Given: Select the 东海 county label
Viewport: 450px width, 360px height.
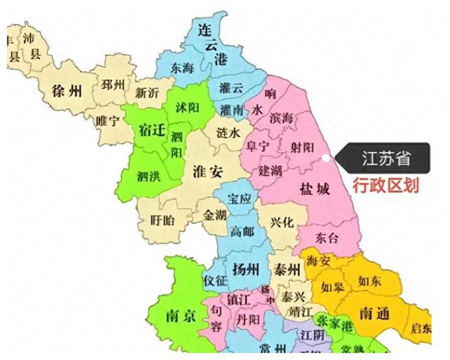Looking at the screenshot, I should coord(182,68).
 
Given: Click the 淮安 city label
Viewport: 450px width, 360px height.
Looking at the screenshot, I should coord(207,171).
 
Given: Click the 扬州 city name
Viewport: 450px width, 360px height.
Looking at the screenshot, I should coord(246,270).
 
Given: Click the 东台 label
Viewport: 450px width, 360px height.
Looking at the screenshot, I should coord(327,238).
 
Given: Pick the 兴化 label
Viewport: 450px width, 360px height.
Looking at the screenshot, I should coord(282,222).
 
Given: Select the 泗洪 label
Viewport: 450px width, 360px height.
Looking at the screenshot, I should coord(148,176).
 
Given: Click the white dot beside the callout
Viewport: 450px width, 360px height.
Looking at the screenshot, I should coord(326,158).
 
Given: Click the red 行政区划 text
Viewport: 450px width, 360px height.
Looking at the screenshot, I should coord(386,185).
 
